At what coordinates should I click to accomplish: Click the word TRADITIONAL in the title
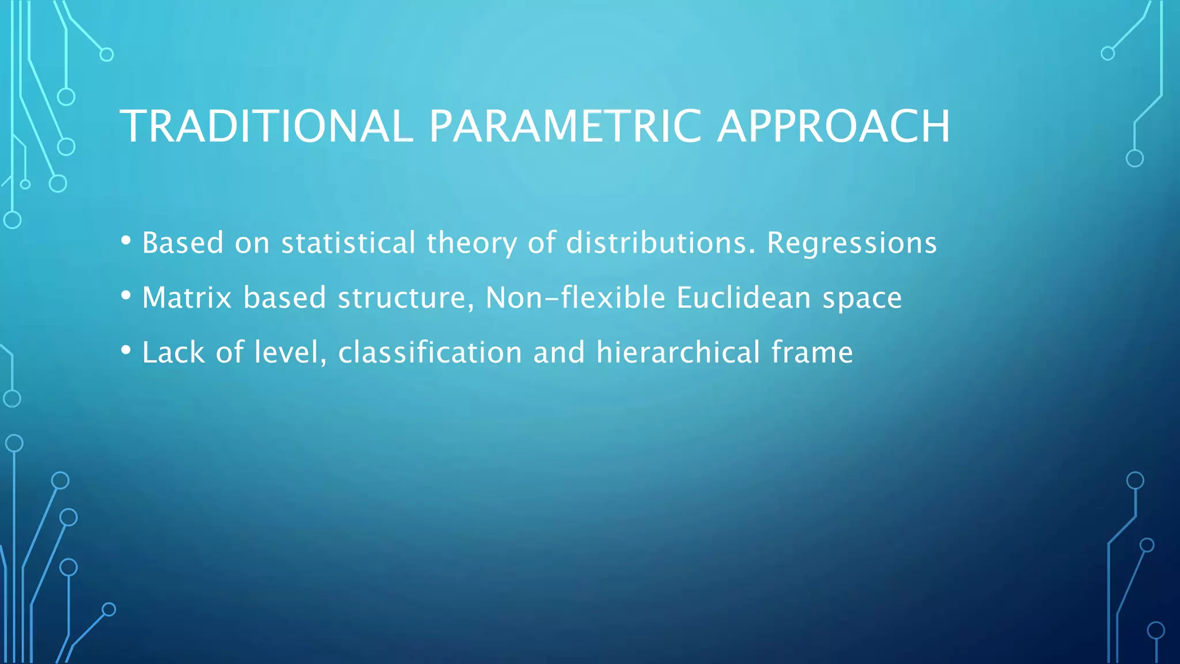[x=266, y=126]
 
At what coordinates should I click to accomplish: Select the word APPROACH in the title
[x=833, y=126]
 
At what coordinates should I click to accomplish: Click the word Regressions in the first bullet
[x=852, y=243]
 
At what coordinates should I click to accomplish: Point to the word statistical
[x=348, y=243]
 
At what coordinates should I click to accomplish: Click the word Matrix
[x=187, y=298]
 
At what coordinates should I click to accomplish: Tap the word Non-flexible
[x=576, y=298]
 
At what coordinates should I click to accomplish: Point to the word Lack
[x=173, y=352]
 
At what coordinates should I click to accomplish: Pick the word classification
[x=430, y=352]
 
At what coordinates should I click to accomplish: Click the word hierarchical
[x=678, y=352]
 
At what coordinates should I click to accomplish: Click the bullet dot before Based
[x=126, y=240]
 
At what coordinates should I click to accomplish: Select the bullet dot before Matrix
[x=126, y=296]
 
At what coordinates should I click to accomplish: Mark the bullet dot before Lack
[x=126, y=350]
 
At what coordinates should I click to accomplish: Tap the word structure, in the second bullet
[x=406, y=298]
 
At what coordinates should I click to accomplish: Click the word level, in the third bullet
[x=290, y=352]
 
